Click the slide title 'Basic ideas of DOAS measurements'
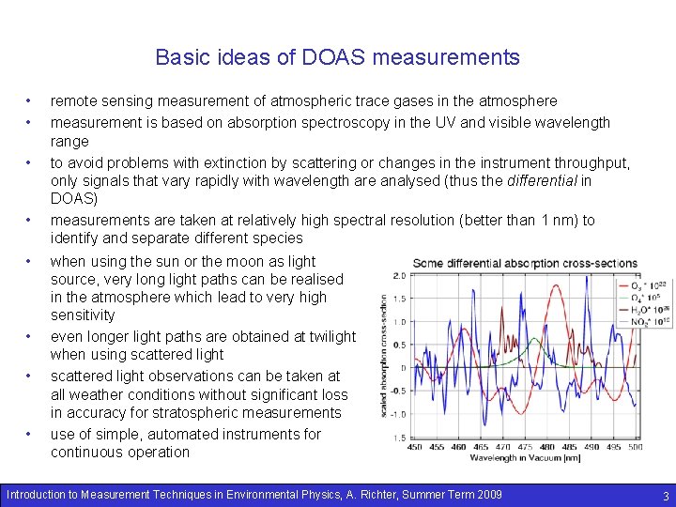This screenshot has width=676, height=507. pos(337,57)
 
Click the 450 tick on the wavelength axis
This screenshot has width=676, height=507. pos(415,447)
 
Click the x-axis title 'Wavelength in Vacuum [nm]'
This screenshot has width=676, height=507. pos(527,457)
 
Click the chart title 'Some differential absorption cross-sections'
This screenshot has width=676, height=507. pos(524,264)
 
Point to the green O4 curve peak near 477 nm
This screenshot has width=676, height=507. pos(535,339)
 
